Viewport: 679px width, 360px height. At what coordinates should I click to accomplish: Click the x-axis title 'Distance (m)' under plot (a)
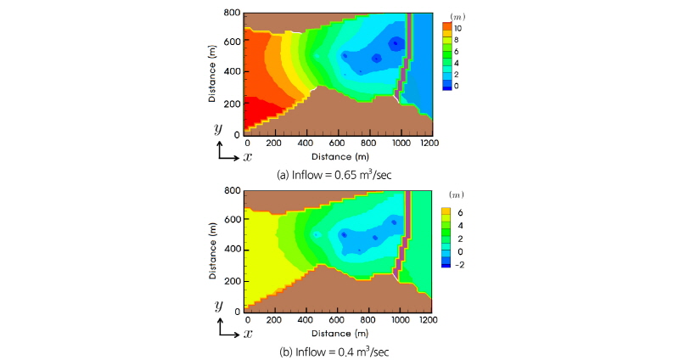pyautogui.click(x=338, y=157)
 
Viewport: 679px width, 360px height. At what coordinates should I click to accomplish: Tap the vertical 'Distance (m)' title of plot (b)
pyautogui.click(x=212, y=250)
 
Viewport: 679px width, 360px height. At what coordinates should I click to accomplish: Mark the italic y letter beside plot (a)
pyautogui.click(x=218, y=129)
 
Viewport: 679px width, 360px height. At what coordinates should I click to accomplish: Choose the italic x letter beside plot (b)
pyautogui.click(x=248, y=333)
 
